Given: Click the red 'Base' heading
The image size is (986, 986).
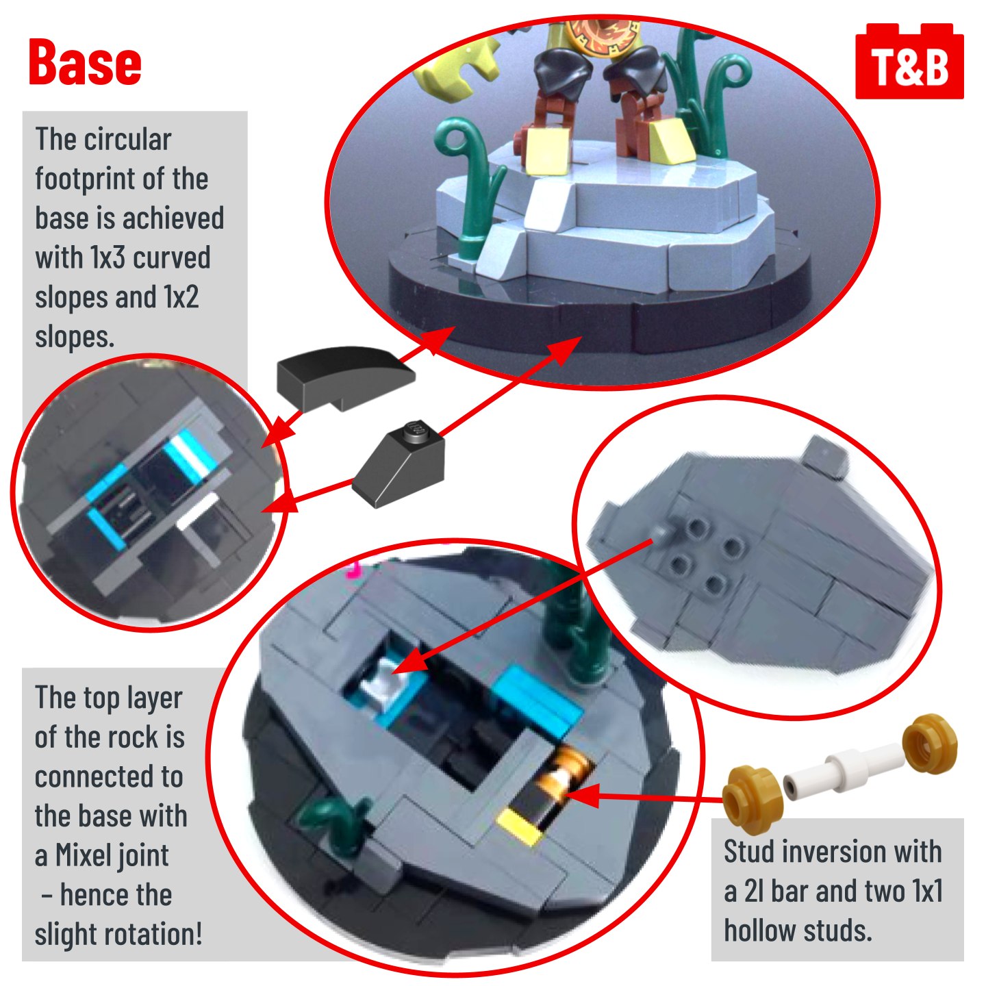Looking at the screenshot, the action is [85, 62].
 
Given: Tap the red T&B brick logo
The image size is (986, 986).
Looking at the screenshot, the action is [909, 61].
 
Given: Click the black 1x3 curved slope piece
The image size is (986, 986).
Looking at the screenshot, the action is [346, 377].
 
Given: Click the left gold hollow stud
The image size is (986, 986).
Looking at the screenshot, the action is [753, 796].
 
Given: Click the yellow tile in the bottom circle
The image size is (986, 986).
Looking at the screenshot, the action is [520, 826].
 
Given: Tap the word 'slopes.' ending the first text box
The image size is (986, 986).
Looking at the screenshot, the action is [75, 337].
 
